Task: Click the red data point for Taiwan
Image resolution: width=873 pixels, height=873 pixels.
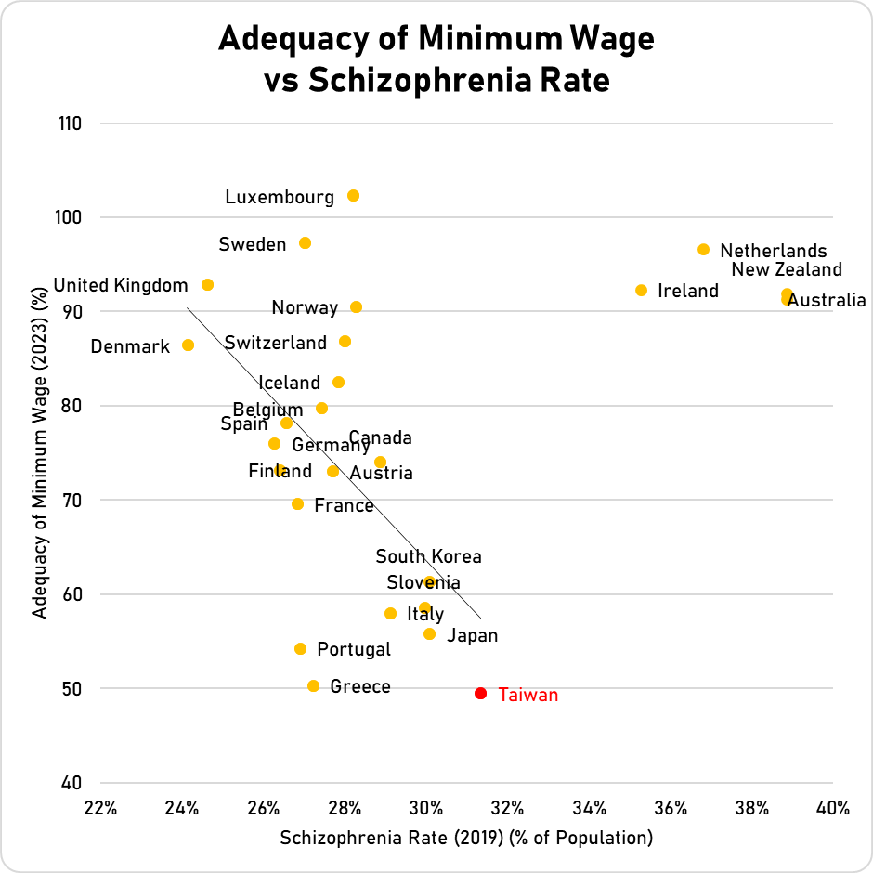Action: [x=480, y=694]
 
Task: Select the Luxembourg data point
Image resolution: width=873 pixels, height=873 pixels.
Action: [x=353, y=196]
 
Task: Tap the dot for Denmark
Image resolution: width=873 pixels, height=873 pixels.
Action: [x=188, y=345]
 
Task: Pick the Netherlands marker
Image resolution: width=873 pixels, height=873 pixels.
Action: [x=703, y=250]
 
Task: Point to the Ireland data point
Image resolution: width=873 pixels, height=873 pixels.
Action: [x=641, y=291]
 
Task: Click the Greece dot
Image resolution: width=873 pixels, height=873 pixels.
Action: [x=313, y=686]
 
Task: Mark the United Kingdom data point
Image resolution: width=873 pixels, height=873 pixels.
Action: [x=207, y=285]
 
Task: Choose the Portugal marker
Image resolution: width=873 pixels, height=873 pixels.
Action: [x=300, y=649]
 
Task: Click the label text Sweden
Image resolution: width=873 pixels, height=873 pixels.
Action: [x=253, y=244]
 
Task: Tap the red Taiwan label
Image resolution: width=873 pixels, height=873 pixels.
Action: [x=528, y=695]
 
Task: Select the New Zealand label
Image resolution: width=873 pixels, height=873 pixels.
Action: [x=787, y=270]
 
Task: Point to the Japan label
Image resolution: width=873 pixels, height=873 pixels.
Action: [x=473, y=636]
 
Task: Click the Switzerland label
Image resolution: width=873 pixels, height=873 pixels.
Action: [x=276, y=343]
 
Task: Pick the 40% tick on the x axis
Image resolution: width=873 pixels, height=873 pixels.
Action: [x=833, y=808]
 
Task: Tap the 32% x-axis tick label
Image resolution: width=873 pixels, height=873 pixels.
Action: [x=507, y=808]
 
